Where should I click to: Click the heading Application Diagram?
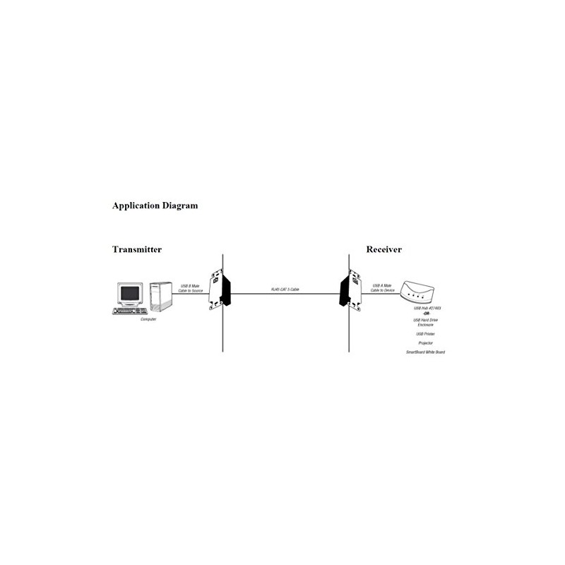(x=155, y=207)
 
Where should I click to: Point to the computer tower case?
(x=160, y=297)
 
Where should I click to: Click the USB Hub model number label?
(x=426, y=309)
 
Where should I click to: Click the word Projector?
(x=426, y=343)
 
